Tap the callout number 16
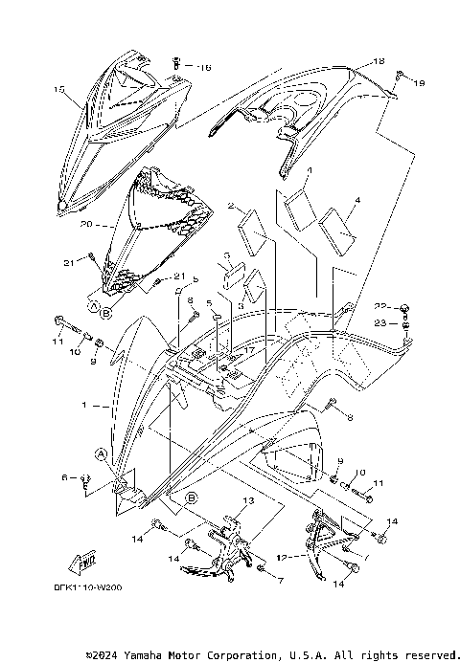coord(204,67)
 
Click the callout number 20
coord(86,224)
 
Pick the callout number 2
coord(231,206)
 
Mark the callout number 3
coord(226,256)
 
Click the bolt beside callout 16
coord(178,64)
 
